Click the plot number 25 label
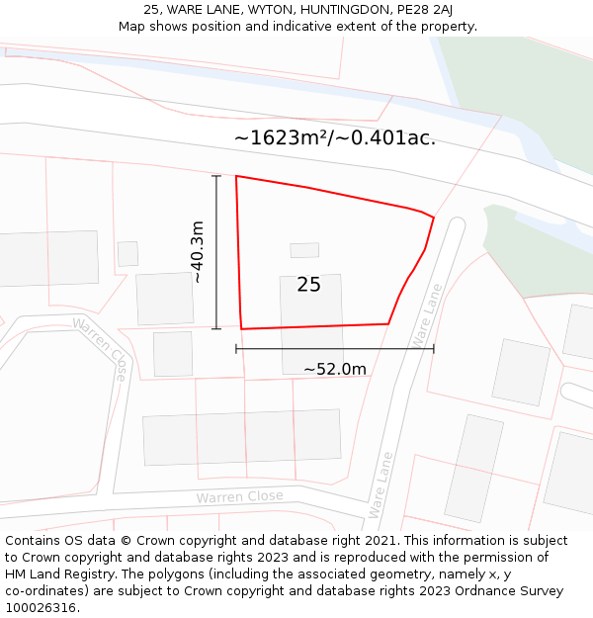click(x=308, y=285)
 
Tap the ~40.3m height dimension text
click(x=198, y=252)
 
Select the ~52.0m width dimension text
click(x=334, y=369)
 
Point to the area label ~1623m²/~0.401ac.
click(x=335, y=137)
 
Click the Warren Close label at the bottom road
click(x=239, y=496)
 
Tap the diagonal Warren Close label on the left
click(x=100, y=348)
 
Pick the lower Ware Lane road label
click(x=381, y=485)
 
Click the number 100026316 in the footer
click(x=41, y=607)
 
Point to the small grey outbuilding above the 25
click(x=304, y=250)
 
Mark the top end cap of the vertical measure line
click(x=216, y=175)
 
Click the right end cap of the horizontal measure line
click(x=434, y=348)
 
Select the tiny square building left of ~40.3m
click(x=127, y=254)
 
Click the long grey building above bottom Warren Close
click(x=242, y=437)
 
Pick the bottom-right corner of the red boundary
click(x=387, y=323)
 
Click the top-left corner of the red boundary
click(x=236, y=176)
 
